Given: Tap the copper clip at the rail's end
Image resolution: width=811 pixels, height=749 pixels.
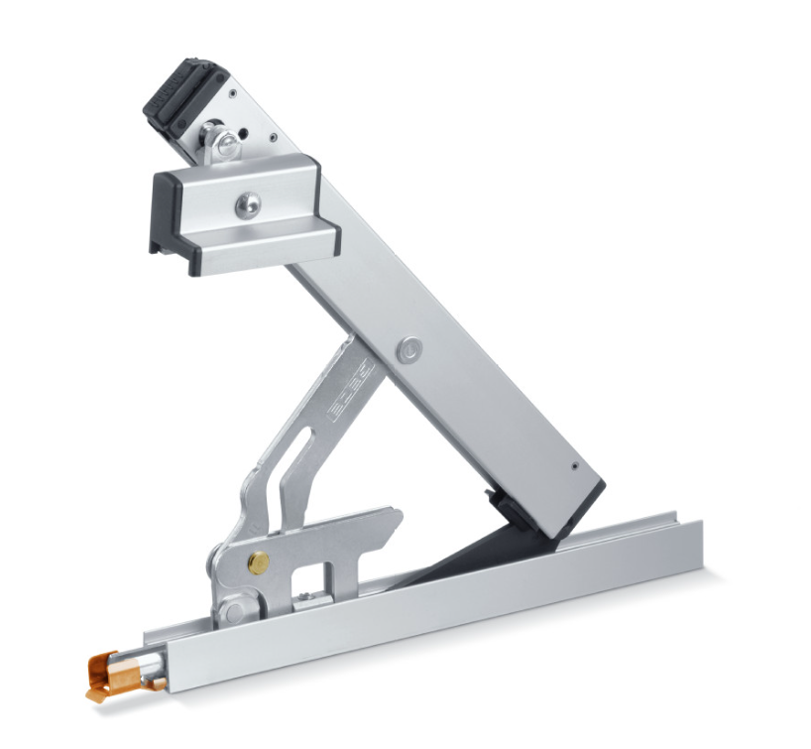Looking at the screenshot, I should coord(111,669).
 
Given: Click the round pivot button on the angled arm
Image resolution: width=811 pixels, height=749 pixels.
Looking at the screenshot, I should coord(407,348).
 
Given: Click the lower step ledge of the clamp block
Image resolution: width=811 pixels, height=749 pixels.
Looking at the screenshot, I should coord(268,253).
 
